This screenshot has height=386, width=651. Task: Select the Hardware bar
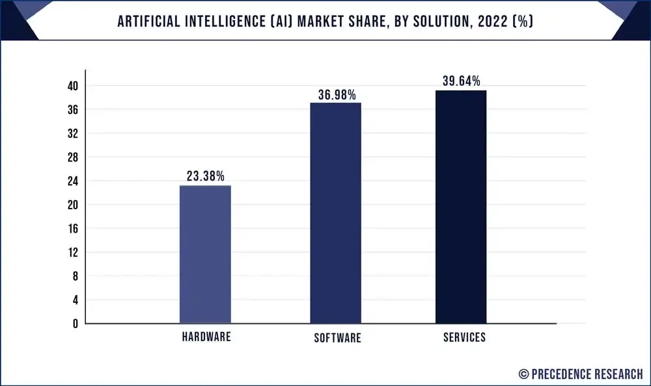[205, 254]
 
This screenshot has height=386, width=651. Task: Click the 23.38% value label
[205, 176]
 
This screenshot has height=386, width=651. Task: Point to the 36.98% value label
[337, 95]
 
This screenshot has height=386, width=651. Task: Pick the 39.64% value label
[461, 81]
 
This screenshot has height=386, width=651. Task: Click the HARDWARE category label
[205, 337]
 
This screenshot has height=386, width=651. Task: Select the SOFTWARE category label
[337, 338]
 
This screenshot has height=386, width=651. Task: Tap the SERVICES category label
[464, 337]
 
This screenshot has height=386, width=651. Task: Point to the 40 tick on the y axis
[72, 86]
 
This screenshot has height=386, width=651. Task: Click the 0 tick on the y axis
[76, 324]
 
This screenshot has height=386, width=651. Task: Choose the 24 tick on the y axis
[72, 181]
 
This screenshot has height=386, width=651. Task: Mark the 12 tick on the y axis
[72, 252]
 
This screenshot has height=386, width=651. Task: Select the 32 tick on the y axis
[72, 134]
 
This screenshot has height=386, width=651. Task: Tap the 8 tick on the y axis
[76, 276]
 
